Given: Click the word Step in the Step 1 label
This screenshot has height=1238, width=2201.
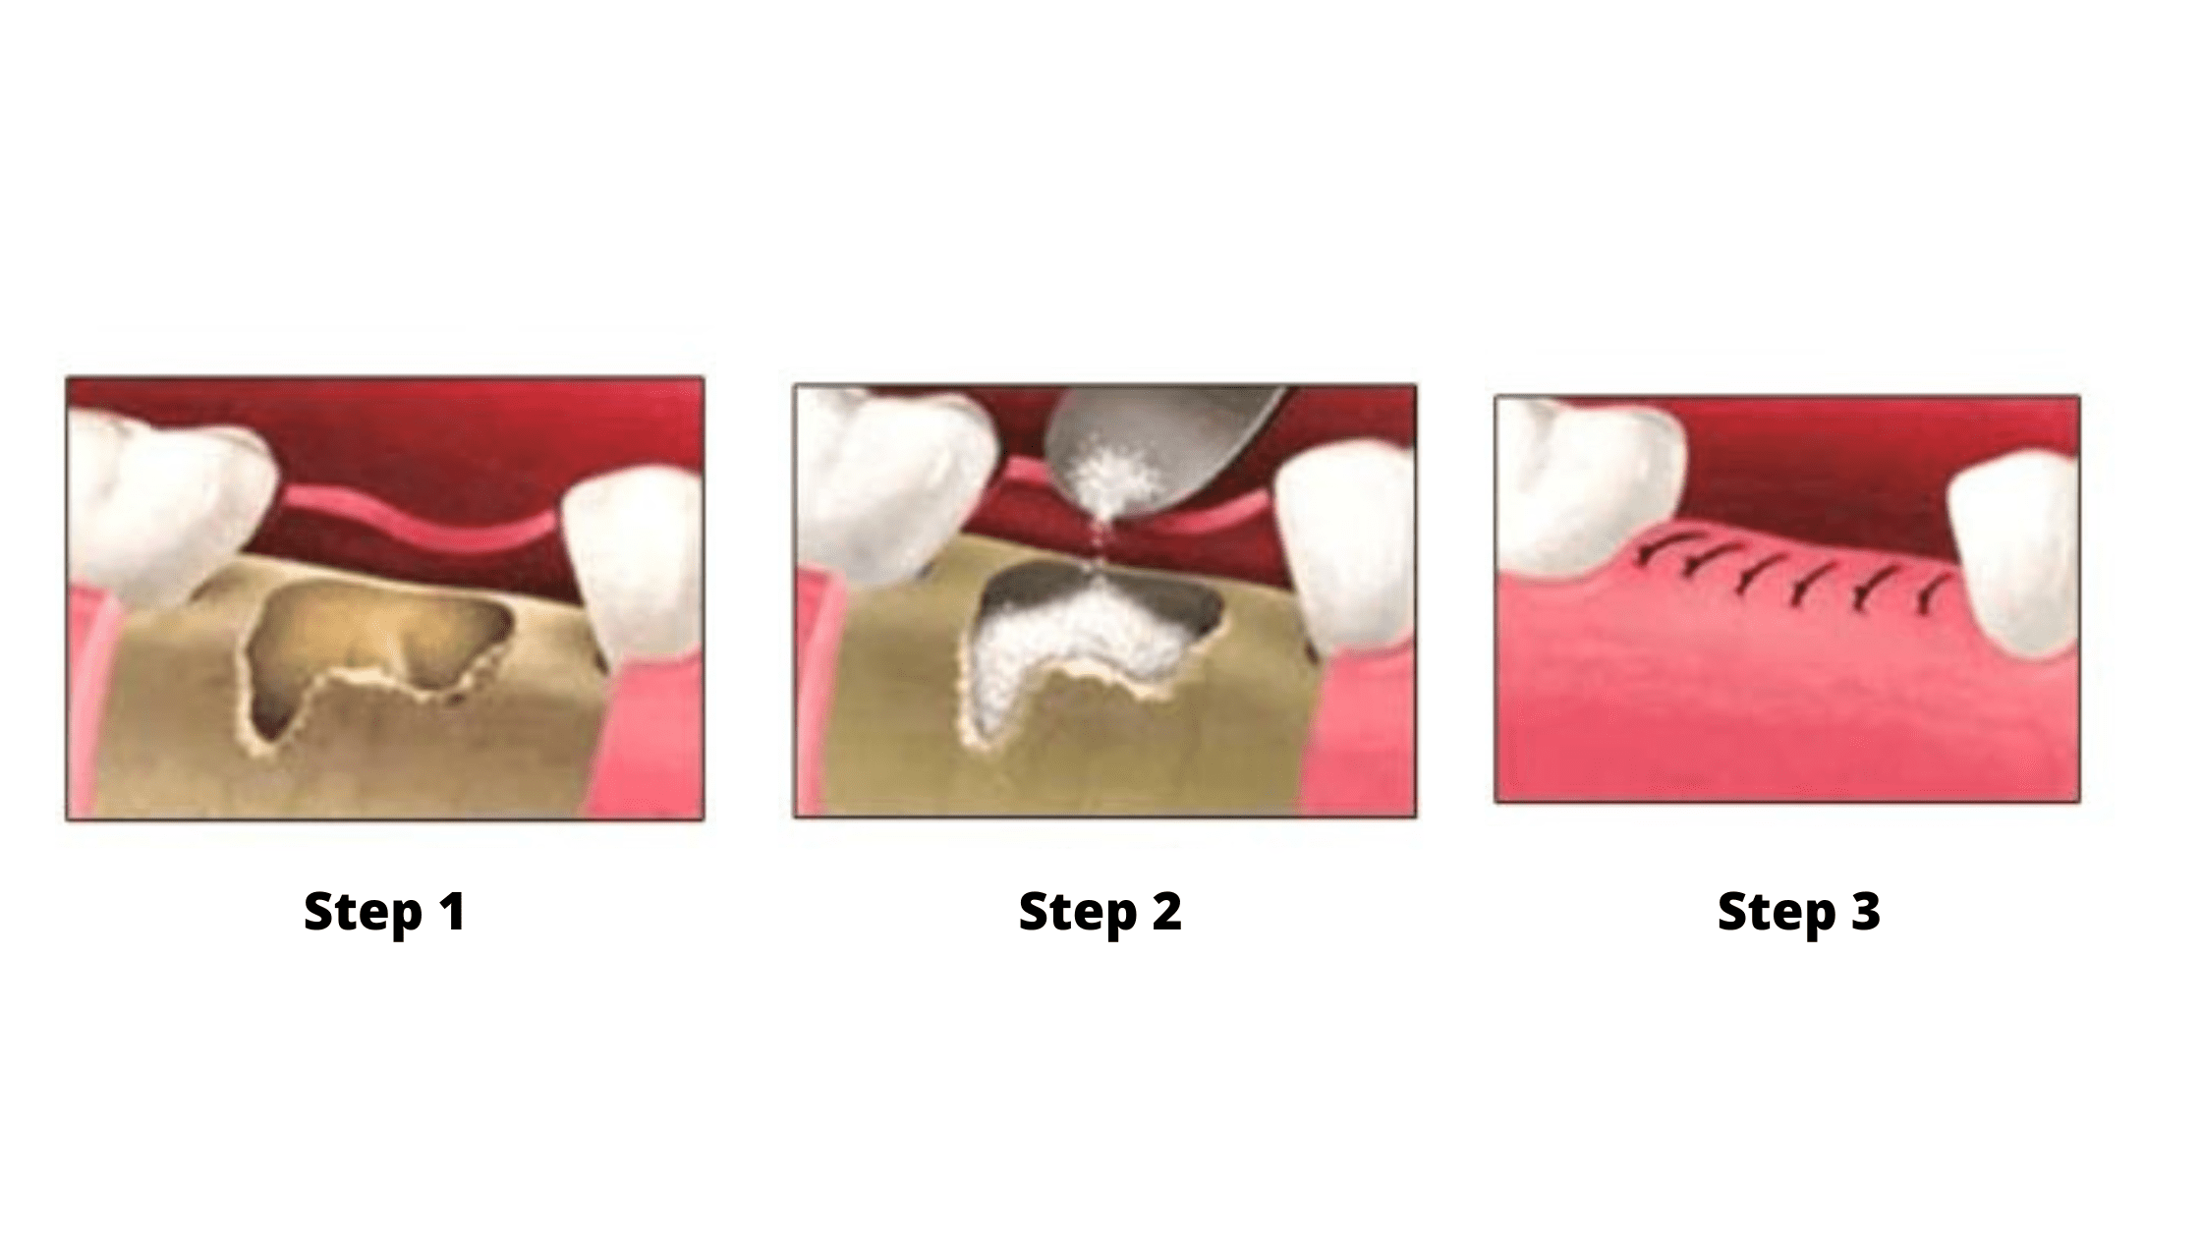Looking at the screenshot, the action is [x=363, y=913].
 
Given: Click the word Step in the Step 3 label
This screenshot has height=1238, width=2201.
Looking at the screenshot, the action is [x=1777, y=913].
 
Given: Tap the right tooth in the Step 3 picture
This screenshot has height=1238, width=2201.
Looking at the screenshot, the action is [x=2014, y=560].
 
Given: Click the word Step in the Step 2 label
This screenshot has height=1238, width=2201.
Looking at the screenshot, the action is [x=1078, y=913].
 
